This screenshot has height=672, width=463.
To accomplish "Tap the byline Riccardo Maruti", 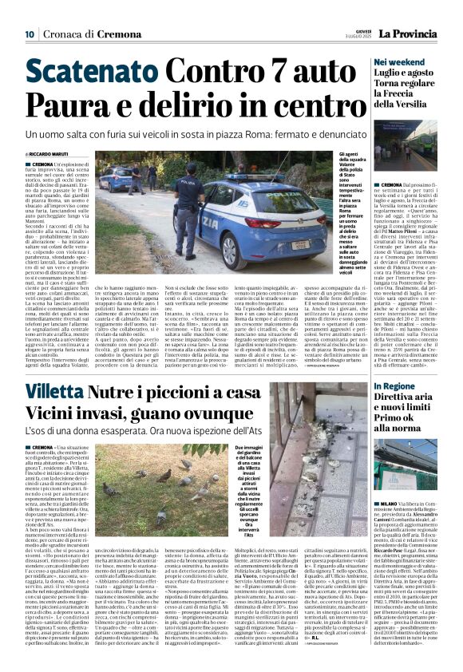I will (x=49, y=153).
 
